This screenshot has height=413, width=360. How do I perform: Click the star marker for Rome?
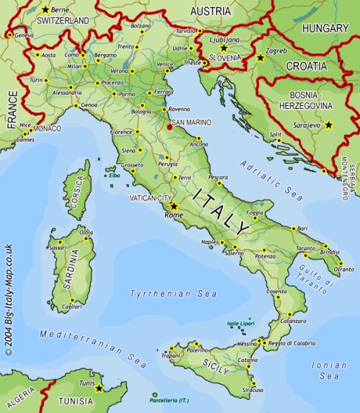(x=173, y=205)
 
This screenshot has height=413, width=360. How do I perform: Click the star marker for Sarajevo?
(x=329, y=125)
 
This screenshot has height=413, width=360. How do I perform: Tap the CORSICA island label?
(x=77, y=192)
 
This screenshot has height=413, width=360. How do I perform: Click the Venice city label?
(x=164, y=65)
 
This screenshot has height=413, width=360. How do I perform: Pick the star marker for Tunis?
(x=99, y=388)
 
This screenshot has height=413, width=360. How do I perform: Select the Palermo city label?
(x=197, y=350)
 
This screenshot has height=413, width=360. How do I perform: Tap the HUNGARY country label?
(x=325, y=29)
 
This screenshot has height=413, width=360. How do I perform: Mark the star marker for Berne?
(x=46, y=9)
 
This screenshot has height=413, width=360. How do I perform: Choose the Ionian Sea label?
(x=329, y=370)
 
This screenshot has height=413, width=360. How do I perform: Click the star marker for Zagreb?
(x=260, y=57)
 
